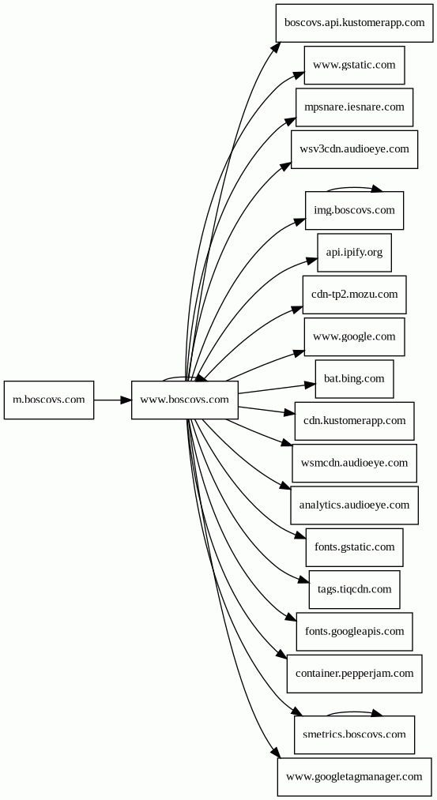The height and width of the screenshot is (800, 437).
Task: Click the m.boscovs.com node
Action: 49,400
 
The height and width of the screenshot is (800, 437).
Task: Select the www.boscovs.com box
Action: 184,400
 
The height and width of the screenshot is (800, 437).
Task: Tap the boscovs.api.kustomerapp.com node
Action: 354,23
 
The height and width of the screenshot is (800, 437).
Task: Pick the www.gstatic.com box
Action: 354,66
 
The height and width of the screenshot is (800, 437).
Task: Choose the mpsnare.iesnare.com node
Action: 354,107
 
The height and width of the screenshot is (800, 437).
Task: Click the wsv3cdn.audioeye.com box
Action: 354,149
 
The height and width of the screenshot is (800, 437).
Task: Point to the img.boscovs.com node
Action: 354,210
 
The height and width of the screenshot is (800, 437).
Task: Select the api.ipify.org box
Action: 354,253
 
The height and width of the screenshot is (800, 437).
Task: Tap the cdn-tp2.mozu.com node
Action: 354,295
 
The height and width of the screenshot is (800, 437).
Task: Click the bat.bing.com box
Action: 354,378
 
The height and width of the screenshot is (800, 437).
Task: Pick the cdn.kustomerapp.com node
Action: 354,421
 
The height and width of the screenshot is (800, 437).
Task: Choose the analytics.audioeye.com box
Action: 354,505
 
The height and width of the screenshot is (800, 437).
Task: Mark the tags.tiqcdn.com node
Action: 354,589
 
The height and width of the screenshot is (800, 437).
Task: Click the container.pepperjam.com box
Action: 354,674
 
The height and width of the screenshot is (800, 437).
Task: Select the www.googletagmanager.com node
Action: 354,776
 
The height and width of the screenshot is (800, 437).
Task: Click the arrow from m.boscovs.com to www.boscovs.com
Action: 112,400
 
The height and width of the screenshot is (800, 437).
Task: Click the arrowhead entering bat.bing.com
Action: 310,385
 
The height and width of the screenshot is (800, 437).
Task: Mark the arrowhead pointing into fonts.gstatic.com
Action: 301,535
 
